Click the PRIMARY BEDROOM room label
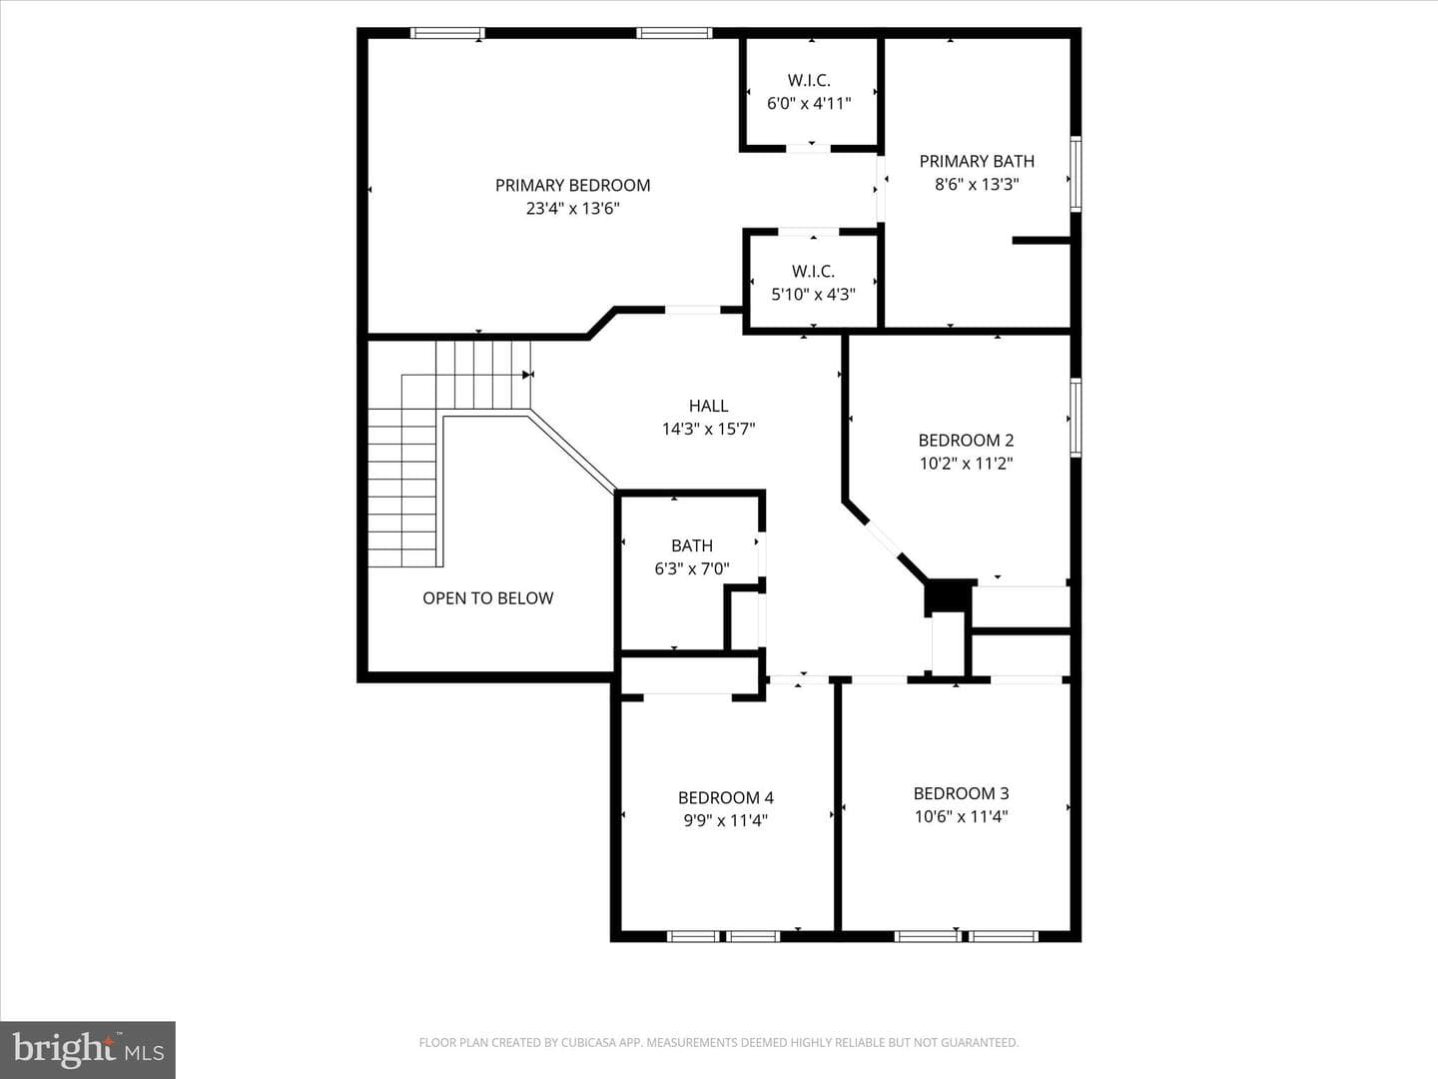(572, 186)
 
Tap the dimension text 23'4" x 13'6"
(572, 209)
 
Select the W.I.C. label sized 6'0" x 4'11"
(809, 81)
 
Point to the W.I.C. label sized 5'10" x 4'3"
(813, 271)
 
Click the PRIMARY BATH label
(977, 161)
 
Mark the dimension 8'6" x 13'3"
(977, 184)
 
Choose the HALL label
(708, 407)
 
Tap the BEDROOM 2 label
(967, 441)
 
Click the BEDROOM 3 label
(961, 793)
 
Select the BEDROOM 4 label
(726, 797)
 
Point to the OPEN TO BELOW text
(488, 598)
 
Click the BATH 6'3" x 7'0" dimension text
(692, 568)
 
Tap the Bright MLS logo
(88, 1050)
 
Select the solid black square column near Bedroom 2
(948, 596)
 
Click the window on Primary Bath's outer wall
(1076, 174)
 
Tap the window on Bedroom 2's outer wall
(1076, 417)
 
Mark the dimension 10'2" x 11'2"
(967, 464)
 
